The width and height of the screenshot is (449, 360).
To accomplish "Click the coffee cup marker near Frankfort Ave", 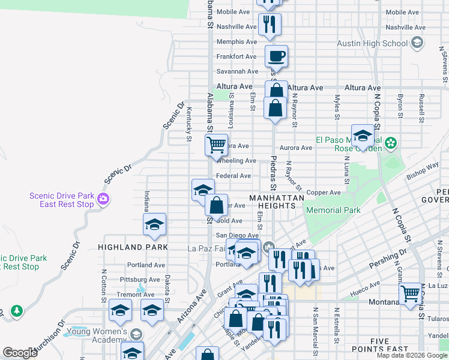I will (276, 57).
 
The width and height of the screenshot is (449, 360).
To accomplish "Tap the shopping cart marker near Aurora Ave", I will (216, 145).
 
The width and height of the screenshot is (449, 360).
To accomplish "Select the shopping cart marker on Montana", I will (411, 294).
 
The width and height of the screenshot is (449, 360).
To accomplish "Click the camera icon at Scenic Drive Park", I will (104, 199).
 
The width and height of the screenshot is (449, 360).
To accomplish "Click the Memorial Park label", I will (333, 210).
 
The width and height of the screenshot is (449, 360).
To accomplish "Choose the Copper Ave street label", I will (323, 193).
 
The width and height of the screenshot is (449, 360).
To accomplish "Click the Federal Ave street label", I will (233, 176).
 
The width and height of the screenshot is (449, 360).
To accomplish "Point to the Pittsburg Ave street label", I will (142, 280).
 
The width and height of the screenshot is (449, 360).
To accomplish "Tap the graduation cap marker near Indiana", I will (154, 225).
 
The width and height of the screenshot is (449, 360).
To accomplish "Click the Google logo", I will (20, 353).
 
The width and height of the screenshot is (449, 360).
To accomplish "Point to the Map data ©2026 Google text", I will (412, 355).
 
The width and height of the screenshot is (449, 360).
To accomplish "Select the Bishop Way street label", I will (423, 170).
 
